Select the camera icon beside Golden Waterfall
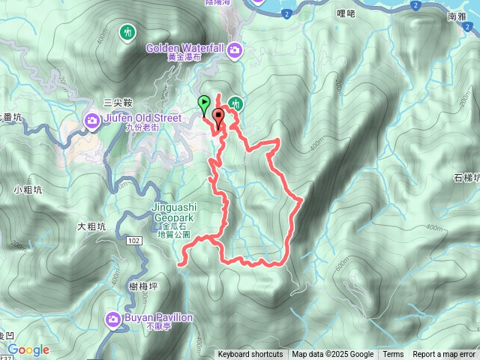(x=235, y=49)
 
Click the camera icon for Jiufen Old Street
(x=93, y=119)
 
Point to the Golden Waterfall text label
(x=186, y=49)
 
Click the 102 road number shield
(x=133, y=240)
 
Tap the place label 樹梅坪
(x=143, y=286)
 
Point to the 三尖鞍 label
(x=118, y=103)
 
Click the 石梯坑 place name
(x=466, y=178)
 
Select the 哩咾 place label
(x=346, y=13)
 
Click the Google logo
(x=28, y=350)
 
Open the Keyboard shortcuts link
(x=250, y=355)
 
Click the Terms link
(x=393, y=355)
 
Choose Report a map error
(x=444, y=355)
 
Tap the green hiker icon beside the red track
(x=235, y=103)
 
